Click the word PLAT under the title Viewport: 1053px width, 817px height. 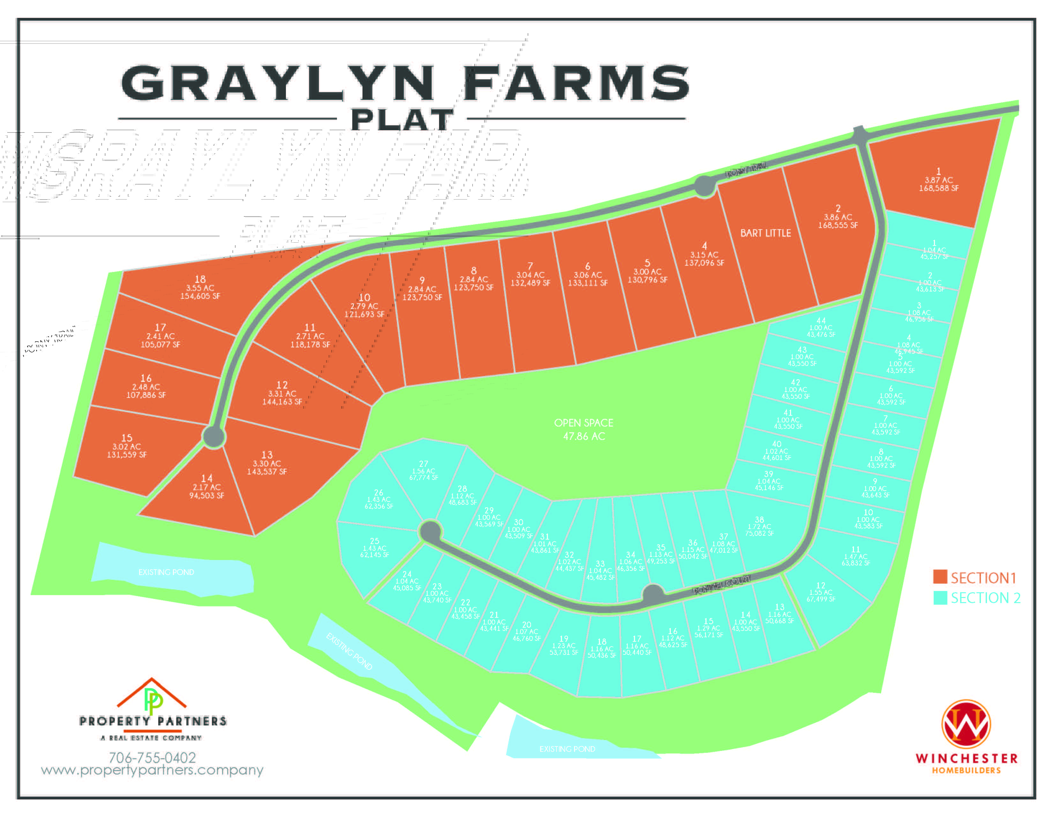pos(402,120)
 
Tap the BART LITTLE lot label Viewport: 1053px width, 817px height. pos(765,233)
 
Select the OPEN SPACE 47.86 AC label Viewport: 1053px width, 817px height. pos(584,429)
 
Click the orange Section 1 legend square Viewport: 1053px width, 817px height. pos(940,577)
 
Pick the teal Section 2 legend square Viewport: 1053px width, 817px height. pos(940,598)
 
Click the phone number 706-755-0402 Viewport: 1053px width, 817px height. pos(152,758)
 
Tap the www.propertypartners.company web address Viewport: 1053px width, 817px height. pos(152,770)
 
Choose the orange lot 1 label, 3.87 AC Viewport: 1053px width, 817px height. pos(938,180)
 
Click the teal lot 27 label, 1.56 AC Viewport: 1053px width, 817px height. pos(423,471)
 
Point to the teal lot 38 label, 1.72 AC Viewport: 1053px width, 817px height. pos(759,527)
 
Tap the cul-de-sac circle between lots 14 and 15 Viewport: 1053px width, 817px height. pos(213,436)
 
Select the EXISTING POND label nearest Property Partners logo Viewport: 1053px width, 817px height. pos(166,572)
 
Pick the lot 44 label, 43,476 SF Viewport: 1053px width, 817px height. pos(821,328)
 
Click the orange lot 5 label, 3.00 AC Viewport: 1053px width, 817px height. pos(647,271)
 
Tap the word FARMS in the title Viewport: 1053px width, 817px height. pos(577,83)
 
